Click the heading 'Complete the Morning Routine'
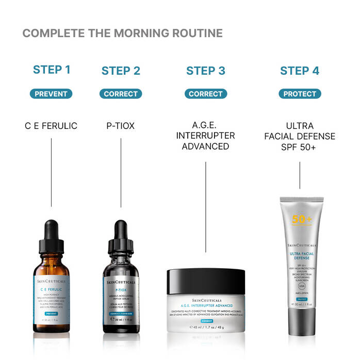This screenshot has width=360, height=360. click(x=122, y=34)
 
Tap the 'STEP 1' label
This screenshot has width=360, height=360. click(x=52, y=70)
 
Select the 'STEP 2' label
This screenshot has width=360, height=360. click(x=121, y=71)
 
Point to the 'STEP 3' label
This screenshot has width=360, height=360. click(x=206, y=71)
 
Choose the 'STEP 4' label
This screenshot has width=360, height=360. click(x=300, y=71)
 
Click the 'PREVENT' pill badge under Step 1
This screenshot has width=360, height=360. click(x=51, y=94)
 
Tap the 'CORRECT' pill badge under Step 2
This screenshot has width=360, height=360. click(x=121, y=94)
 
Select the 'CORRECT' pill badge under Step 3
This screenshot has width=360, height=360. click(x=206, y=94)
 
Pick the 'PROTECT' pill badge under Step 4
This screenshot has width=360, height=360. click(x=300, y=94)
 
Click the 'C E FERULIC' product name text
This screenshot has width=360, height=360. click(x=51, y=125)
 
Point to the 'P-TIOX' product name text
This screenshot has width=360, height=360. click(x=121, y=125)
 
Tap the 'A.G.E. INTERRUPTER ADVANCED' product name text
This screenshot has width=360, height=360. click(x=206, y=136)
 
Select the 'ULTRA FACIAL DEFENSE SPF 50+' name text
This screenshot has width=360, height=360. click(x=300, y=136)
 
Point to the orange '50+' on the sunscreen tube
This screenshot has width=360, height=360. click(x=302, y=219)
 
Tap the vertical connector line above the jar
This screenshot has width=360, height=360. click(x=206, y=206)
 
